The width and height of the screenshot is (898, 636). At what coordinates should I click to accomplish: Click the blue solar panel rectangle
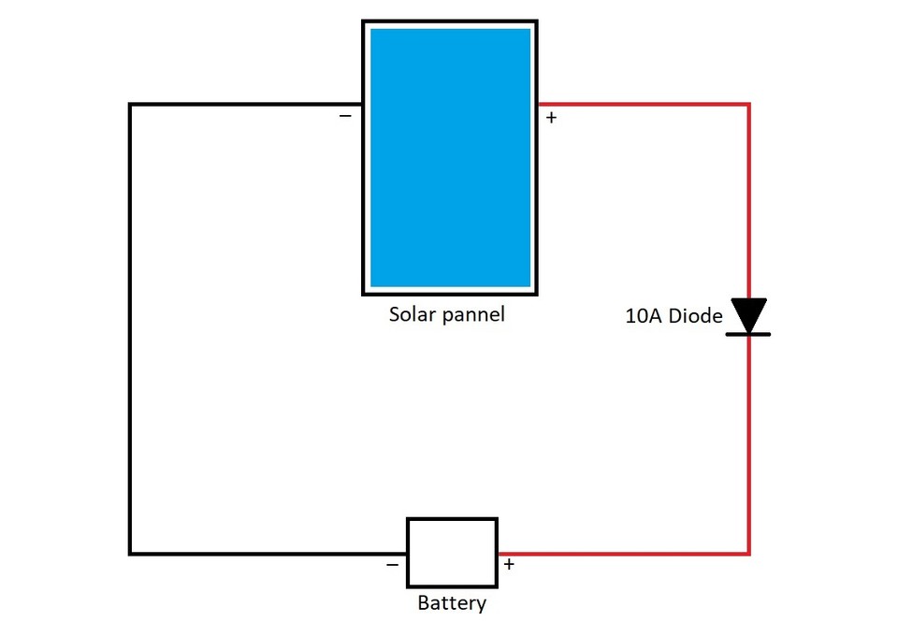450,157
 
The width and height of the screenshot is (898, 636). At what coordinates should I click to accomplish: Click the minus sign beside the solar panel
345,116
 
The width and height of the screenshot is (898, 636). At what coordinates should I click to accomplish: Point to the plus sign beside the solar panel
551,118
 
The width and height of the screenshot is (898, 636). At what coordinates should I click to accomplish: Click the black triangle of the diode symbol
748,313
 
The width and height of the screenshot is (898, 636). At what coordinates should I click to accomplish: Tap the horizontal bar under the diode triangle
748,334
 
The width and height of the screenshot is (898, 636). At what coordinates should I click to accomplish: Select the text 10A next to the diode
642,316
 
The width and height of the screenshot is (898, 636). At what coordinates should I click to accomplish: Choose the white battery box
452,553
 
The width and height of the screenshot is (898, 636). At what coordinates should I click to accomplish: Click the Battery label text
452,603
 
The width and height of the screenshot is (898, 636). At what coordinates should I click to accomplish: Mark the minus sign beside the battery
392,564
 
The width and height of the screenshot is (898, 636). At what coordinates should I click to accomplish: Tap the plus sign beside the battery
509,564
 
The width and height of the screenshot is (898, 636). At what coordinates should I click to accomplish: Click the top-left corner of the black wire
131,105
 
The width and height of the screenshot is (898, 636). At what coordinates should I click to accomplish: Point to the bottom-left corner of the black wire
131,554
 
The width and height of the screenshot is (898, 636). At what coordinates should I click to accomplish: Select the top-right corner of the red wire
748,105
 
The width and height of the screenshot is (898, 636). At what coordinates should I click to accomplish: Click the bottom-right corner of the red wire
748,554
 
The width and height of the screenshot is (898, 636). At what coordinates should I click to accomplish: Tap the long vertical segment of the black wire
131,327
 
